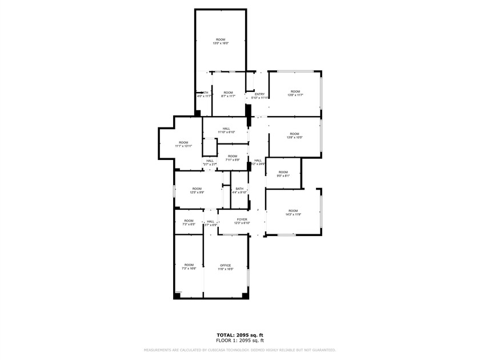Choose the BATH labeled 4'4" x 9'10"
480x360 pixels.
239,190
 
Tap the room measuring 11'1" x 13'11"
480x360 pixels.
183,144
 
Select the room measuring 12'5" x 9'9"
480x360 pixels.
197,190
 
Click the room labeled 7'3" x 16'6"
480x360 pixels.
189,266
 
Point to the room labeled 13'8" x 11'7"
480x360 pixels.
295,93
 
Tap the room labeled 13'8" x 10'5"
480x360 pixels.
295,135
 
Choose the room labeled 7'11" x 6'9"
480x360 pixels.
231,158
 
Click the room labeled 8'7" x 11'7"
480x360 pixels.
228,94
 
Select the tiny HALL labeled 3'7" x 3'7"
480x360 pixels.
210,162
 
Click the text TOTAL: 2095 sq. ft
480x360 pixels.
239,335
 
